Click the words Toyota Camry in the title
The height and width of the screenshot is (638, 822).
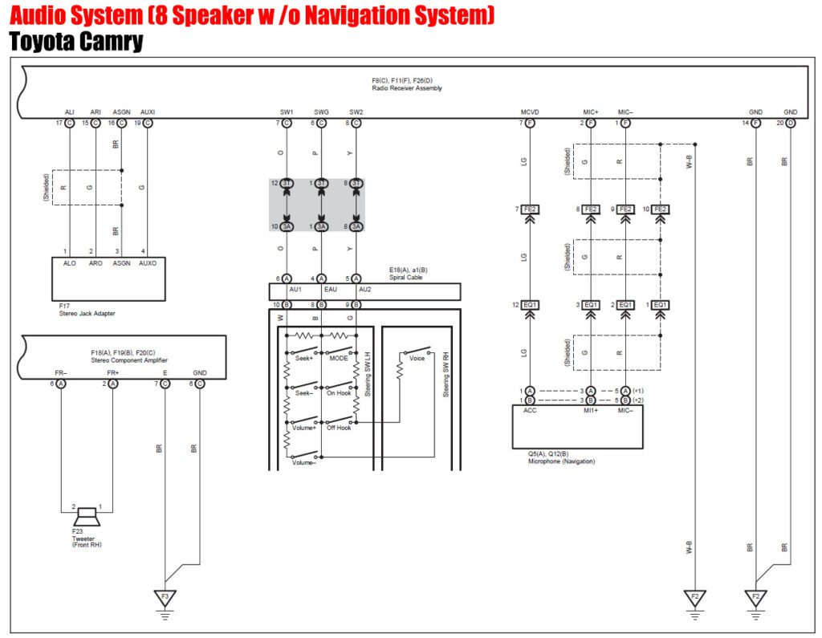(76, 43)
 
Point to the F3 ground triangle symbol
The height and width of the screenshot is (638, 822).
(165, 598)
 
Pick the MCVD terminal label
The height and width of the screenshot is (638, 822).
(530, 112)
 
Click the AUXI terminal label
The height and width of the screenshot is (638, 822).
(148, 112)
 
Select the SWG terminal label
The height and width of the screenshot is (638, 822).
(321, 112)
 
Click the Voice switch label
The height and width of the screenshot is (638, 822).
(417, 359)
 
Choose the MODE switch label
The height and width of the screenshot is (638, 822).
(338, 359)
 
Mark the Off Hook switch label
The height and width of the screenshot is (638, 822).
(339, 428)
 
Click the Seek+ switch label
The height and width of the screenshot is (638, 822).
(303, 359)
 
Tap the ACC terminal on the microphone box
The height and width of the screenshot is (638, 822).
(530, 410)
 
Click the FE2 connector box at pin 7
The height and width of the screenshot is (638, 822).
(530, 209)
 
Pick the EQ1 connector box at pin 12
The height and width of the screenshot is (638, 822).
(530, 305)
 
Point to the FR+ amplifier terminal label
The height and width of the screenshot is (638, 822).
(112, 373)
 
